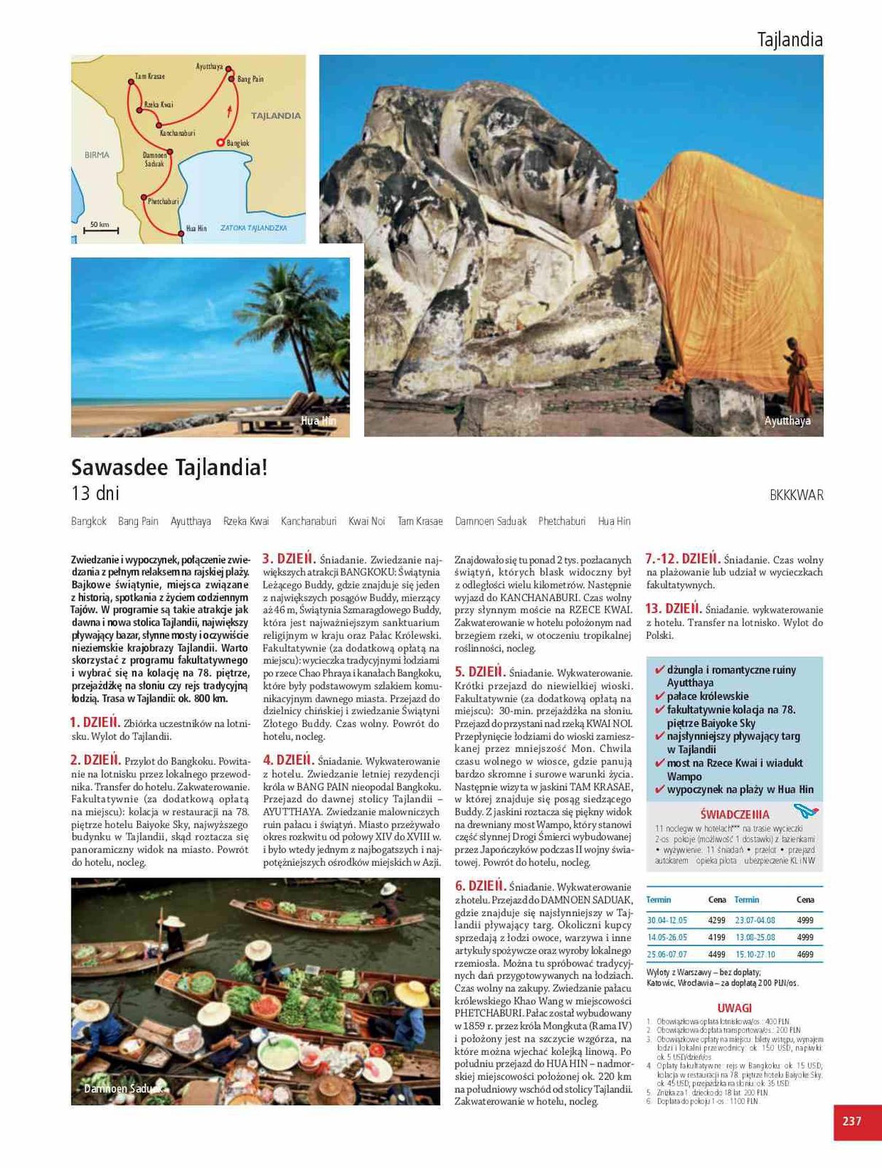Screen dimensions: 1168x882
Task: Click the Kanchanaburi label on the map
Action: pos(177,133)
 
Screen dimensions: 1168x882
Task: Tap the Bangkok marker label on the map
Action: pos(238,143)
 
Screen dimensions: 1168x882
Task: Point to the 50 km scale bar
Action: pos(100,229)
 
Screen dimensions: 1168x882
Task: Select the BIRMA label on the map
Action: pos(97,155)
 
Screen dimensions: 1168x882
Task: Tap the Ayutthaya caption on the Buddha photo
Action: pos(787,421)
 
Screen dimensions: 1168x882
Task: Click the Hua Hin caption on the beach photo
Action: pos(318,421)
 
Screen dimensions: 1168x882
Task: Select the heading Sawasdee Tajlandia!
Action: pos(169,467)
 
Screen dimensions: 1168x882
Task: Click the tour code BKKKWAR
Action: pos(796,495)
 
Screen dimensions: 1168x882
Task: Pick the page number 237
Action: pos(852,1121)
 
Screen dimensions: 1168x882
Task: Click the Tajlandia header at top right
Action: pos(790,39)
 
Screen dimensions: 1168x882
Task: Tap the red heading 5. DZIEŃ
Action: pos(480,672)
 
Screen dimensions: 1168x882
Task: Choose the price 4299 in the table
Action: pos(716,921)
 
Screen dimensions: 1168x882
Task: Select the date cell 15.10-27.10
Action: pos(755,954)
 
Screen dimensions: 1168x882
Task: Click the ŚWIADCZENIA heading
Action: pos(734,814)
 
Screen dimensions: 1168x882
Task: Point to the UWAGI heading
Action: pos(734,1008)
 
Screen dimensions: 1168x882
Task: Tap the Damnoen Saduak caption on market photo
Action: pos(121,1088)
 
